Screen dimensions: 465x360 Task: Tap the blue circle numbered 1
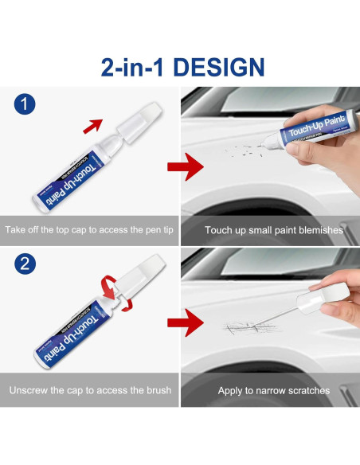coord(25,103)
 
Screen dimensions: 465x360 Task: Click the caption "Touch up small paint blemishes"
coord(274,231)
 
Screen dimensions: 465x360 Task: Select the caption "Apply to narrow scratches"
coord(274,391)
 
